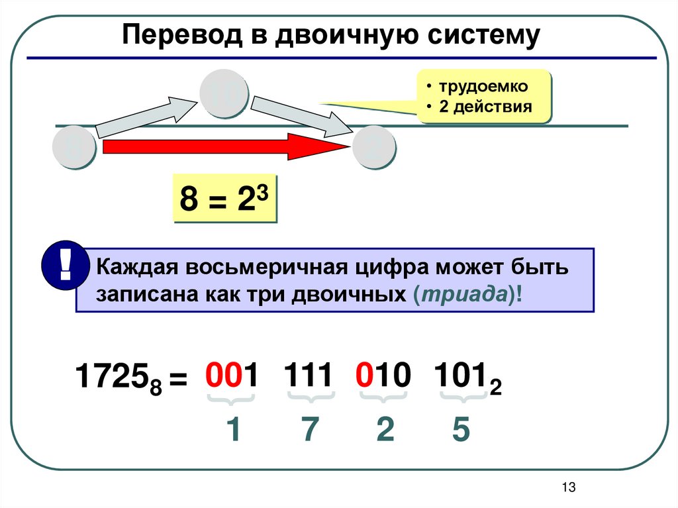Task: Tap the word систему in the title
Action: [479, 35]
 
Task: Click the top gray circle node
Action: [225, 95]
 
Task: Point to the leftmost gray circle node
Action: [74, 147]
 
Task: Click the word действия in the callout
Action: [493, 107]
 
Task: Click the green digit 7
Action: [309, 431]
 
